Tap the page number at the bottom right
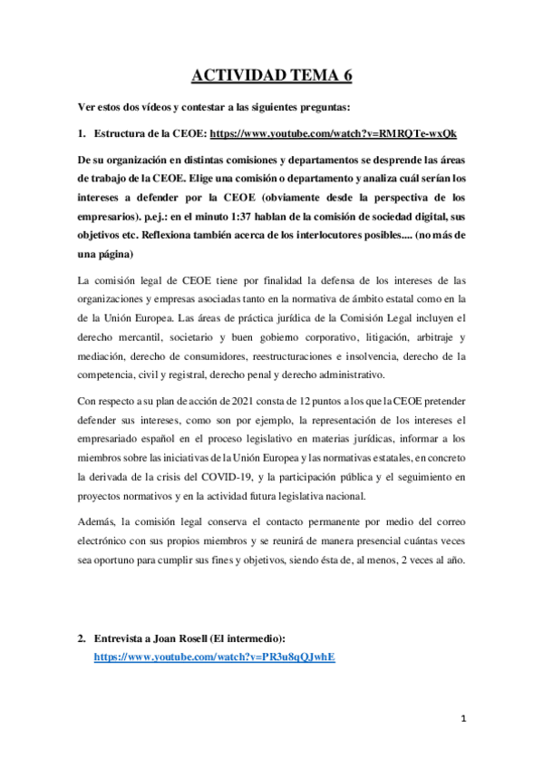462,719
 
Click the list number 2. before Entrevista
82,638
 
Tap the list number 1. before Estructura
82,132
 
